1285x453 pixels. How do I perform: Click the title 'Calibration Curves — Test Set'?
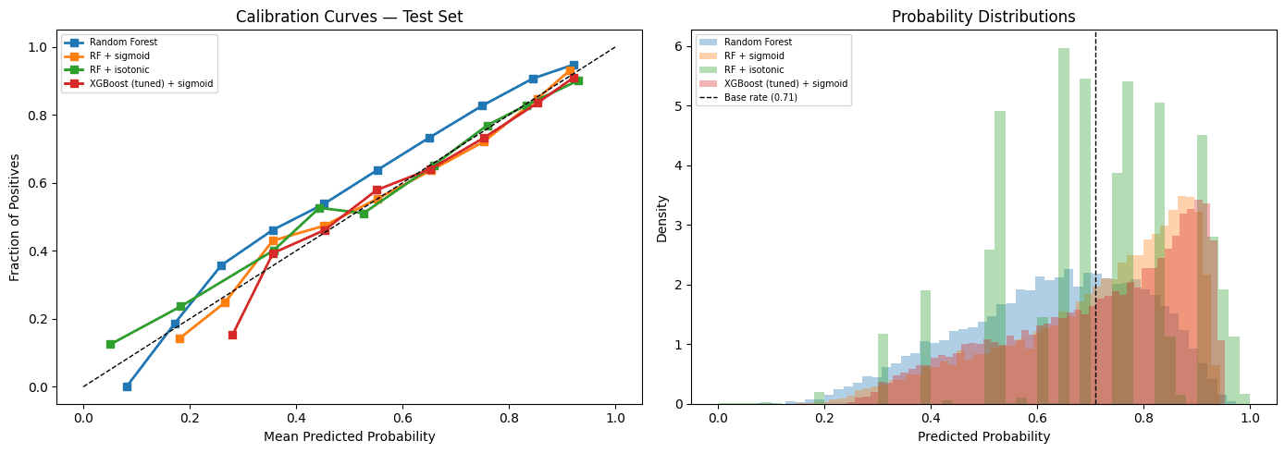[349, 17]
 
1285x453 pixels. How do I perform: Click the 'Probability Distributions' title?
[983, 17]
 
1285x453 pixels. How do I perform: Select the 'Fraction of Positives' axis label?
[15, 218]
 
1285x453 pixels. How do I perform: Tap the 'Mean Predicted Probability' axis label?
[349, 436]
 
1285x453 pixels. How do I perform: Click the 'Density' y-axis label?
[661, 218]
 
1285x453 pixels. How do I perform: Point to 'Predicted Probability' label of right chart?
[983, 436]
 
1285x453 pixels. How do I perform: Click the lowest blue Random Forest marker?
[127, 386]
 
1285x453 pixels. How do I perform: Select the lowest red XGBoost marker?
[232, 335]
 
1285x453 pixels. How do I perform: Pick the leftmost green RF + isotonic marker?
[110, 344]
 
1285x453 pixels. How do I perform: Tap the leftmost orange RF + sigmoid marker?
[179, 338]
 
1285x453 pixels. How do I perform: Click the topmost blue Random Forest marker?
[574, 66]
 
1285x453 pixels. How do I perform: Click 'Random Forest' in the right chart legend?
[758, 43]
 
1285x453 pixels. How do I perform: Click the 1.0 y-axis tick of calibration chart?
[39, 46]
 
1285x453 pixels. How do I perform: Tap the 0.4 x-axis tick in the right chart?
[931, 416]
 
